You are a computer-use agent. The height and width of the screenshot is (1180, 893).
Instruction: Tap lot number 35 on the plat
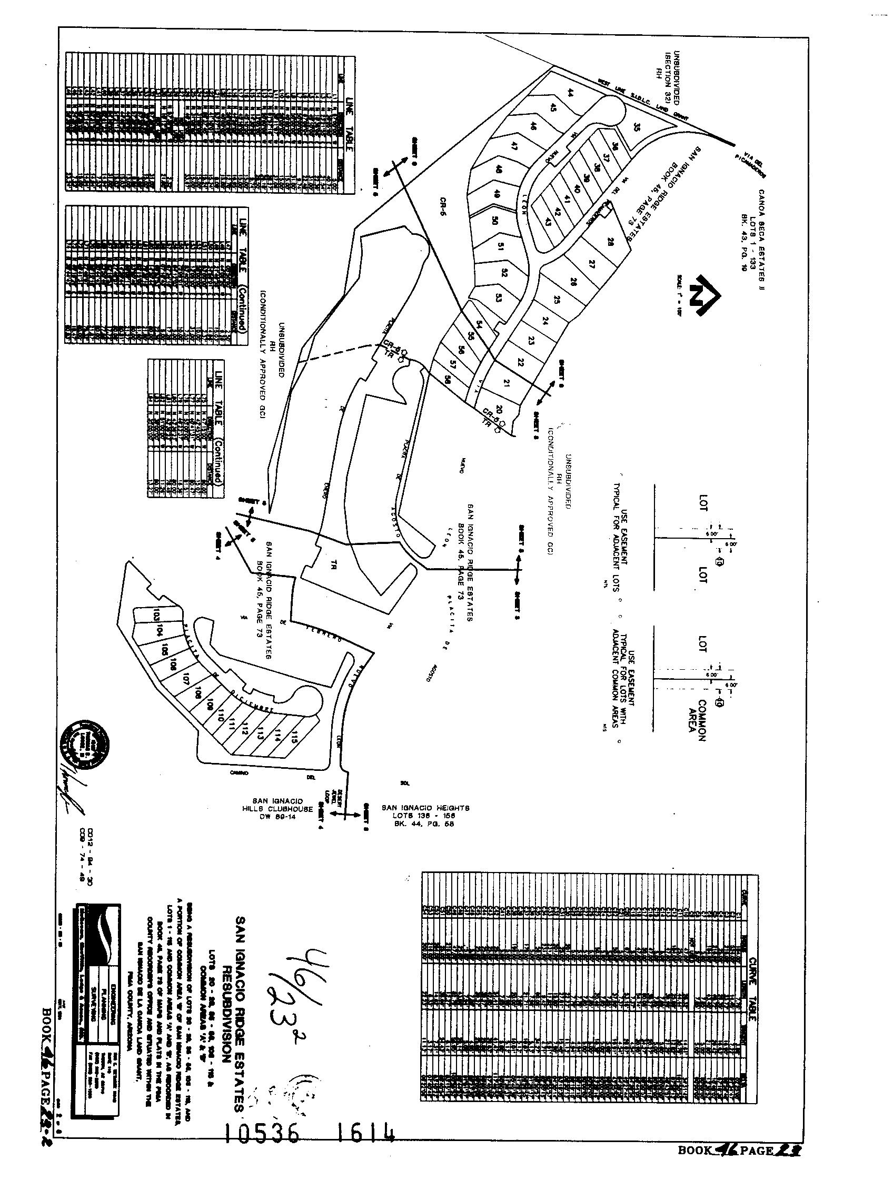tap(637, 127)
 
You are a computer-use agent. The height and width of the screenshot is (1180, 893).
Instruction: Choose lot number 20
tap(498, 410)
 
